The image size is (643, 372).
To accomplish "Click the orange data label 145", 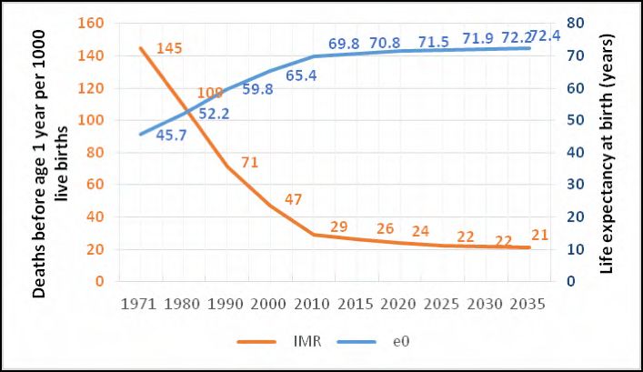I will [x=170, y=47].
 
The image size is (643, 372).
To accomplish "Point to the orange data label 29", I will [x=338, y=226].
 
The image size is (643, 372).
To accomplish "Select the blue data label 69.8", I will [x=346, y=43].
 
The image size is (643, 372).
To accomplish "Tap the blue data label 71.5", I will [x=431, y=43].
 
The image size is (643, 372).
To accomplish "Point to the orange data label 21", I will [x=539, y=236].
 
